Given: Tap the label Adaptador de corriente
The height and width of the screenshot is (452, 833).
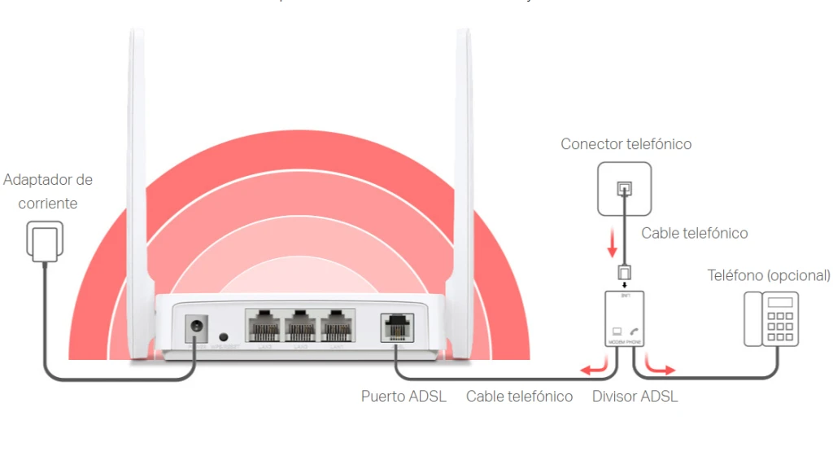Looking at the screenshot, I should tap(48, 191).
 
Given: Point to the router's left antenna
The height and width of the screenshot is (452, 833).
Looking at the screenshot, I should tap(136, 163).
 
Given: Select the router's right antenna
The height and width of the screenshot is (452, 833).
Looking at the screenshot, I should tap(463, 163).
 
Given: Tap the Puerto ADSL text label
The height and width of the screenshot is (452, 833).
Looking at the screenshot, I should tap(403, 397).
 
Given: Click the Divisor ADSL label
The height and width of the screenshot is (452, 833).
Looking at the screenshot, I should tap(635, 397).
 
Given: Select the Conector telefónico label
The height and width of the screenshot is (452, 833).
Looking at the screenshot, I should tap(626, 144).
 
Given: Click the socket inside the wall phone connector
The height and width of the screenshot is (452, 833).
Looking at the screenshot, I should tap(624, 188).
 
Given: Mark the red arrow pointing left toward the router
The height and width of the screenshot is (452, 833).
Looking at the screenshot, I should tap(591, 371).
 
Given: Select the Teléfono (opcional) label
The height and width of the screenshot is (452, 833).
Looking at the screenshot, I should tap(769, 275).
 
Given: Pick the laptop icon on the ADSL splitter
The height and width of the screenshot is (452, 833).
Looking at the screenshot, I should tap(615, 331).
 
